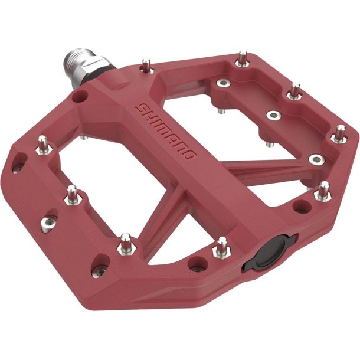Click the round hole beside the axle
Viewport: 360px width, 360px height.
[x=80, y=96]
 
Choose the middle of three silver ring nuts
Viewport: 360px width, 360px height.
[x=273, y=114]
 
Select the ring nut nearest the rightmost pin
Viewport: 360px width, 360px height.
[x=318, y=159]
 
